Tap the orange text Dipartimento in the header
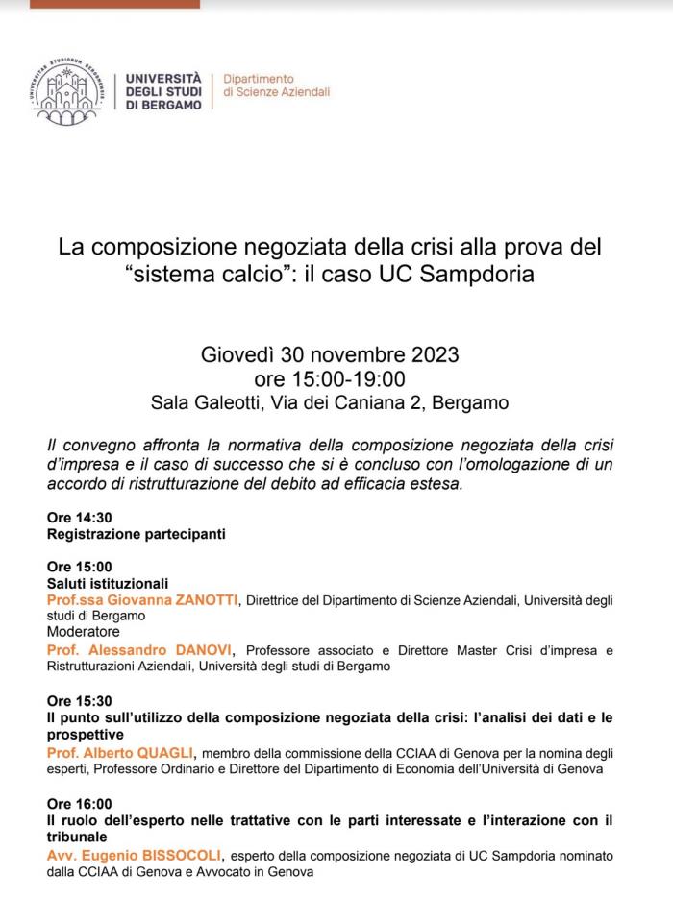tap(259, 78)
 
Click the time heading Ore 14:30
tap(80, 517)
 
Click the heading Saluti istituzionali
tap(108, 583)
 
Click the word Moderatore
tap(84, 632)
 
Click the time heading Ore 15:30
tap(80, 700)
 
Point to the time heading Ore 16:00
tap(80, 803)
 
